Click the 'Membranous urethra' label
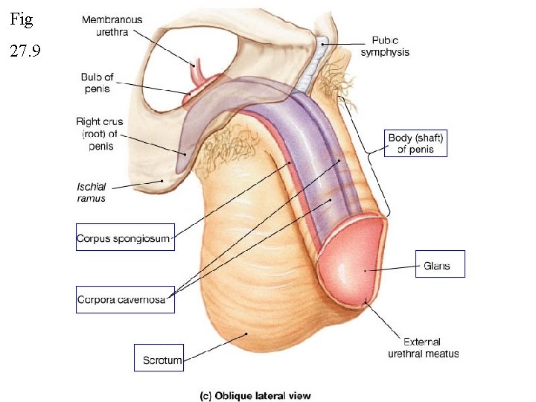click(112, 26)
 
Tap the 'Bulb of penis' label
click(96, 83)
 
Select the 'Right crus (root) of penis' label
click(99, 133)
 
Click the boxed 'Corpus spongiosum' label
click(124, 238)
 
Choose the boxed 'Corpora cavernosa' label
click(124, 299)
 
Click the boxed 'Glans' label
click(439, 264)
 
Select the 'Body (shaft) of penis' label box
click(416, 144)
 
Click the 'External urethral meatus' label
click(424, 348)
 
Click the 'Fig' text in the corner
click(22, 20)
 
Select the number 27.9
click(27, 53)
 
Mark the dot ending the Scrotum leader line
click(246, 334)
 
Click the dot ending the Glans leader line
click(364, 271)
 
